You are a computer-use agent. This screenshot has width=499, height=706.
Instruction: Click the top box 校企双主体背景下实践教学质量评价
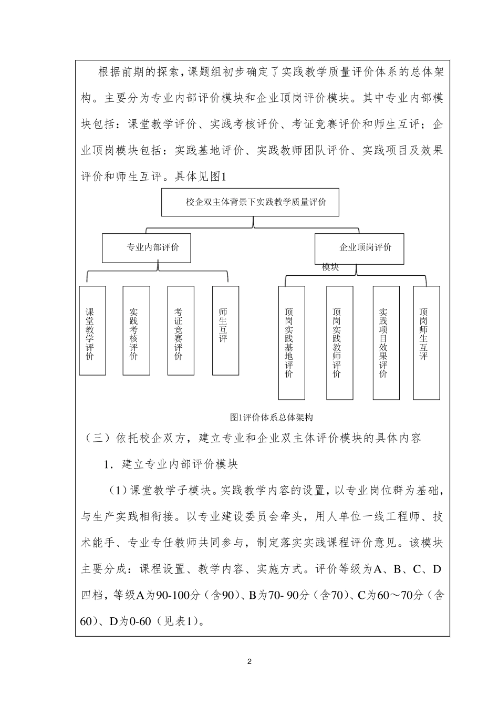pyautogui.click(x=250, y=202)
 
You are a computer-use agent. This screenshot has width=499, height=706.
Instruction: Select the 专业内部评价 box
pyautogui.click(x=146, y=248)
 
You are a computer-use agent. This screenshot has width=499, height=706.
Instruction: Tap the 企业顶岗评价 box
pyautogui.click(x=359, y=248)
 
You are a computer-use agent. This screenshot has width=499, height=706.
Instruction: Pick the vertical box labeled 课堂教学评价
pyautogui.click(x=92, y=330)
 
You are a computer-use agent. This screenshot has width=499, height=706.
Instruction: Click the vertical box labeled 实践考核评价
pyautogui.click(x=136, y=330)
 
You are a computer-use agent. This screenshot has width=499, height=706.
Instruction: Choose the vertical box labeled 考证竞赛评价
pyautogui.click(x=180, y=330)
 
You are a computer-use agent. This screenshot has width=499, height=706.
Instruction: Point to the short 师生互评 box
pyautogui.click(x=225, y=330)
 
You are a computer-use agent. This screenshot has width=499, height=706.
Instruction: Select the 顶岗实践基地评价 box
pyautogui.click(x=291, y=343)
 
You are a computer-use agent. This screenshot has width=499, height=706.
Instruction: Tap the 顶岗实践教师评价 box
pyautogui.click(x=339, y=343)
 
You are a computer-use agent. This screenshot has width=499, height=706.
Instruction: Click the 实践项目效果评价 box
pyautogui.click(x=386, y=343)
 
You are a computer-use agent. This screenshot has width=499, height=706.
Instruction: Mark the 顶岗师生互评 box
pyautogui.click(x=426, y=343)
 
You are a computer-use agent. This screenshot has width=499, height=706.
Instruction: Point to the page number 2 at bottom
pyautogui.click(x=250, y=661)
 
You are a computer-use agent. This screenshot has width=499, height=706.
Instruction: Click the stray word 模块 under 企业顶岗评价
pyautogui.click(x=330, y=267)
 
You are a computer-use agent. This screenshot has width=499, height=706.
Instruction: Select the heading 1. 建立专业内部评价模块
pyautogui.click(x=171, y=464)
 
